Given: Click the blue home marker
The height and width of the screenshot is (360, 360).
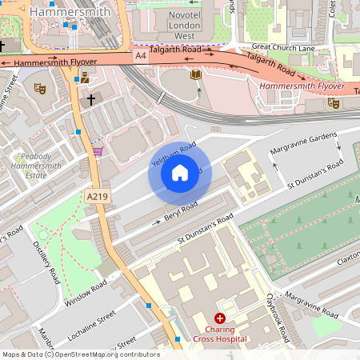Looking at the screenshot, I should pyautogui.click(x=180, y=172).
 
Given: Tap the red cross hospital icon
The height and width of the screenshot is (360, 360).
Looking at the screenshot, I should pyautogui.click(x=219, y=318).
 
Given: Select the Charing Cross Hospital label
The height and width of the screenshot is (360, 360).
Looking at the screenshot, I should pyautogui.click(x=219, y=334).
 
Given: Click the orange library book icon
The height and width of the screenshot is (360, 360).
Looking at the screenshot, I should pyautogui.click(x=195, y=74).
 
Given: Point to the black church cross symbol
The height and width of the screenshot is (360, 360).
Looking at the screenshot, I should pyautogui.click(x=91, y=99).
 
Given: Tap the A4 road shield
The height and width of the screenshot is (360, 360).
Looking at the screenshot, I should pyautogui.click(x=141, y=55).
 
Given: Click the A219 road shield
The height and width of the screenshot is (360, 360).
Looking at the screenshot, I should pyautogui.click(x=97, y=196).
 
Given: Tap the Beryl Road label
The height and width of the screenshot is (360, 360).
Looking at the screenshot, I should pyautogui.click(x=179, y=214).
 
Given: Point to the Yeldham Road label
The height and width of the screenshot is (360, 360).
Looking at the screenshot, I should pyautogui.click(x=173, y=156).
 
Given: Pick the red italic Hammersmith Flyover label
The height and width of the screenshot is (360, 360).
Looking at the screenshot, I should pyautogui.click(x=302, y=86).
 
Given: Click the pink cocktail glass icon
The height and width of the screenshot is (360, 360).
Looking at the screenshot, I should pyautogui.click(x=98, y=150).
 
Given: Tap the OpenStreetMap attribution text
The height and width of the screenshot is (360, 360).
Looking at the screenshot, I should pyautogui.click(x=81, y=354).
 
